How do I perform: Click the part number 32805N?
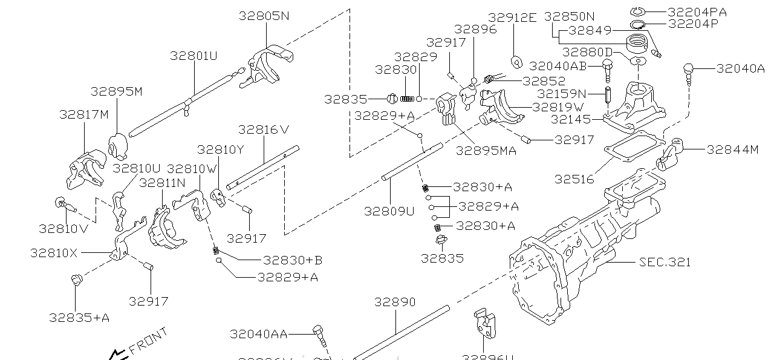click(264, 16)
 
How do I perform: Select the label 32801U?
click(193, 56)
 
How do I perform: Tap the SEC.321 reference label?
click(665, 262)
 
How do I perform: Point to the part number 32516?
click(574, 179)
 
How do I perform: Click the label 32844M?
click(732, 149)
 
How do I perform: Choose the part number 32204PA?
click(697, 11)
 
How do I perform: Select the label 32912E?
click(512, 18)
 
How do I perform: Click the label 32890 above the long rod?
click(394, 301)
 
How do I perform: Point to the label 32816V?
click(264, 129)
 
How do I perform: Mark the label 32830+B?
click(292, 260)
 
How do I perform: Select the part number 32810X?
click(54, 253)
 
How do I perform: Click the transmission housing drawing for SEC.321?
click(580, 254)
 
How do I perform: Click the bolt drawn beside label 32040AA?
click(319, 335)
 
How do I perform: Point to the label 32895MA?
click(486, 151)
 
